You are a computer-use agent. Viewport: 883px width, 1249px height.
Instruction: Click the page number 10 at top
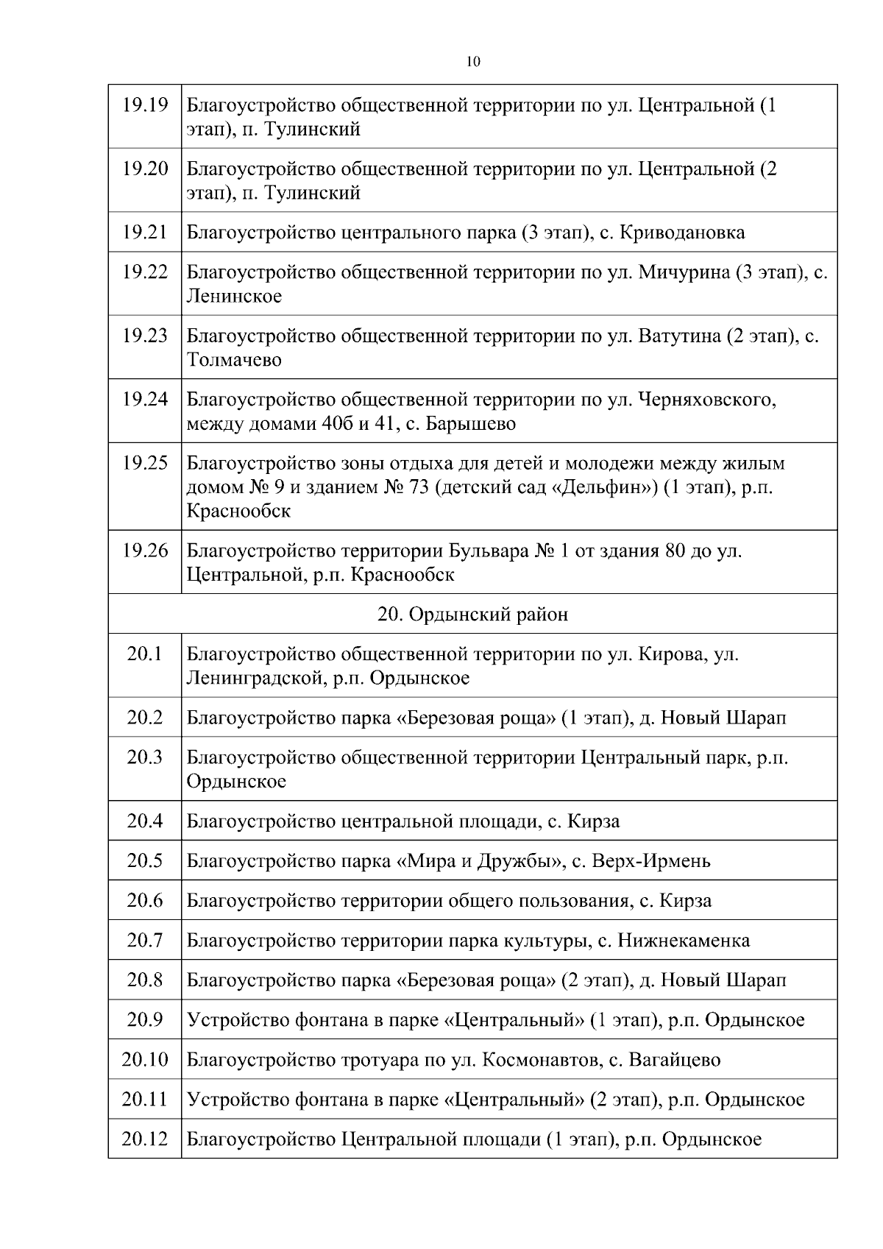(x=473, y=62)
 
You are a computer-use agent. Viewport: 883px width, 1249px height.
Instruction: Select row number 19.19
(x=145, y=105)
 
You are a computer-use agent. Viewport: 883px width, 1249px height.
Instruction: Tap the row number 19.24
(x=145, y=400)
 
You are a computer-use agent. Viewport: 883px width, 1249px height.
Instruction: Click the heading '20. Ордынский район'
(x=472, y=614)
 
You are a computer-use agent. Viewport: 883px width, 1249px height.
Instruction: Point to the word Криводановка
(x=682, y=233)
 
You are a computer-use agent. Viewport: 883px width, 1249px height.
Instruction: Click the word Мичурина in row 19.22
(x=684, y=272)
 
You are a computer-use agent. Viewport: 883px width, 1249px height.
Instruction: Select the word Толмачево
(x=234, y=360)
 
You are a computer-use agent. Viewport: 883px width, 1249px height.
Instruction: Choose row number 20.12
(x=145, y=1139)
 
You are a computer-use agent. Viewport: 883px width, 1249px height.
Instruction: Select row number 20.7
(x=145, y=941)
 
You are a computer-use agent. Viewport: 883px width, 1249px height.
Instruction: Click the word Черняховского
(x=707, y=400)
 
